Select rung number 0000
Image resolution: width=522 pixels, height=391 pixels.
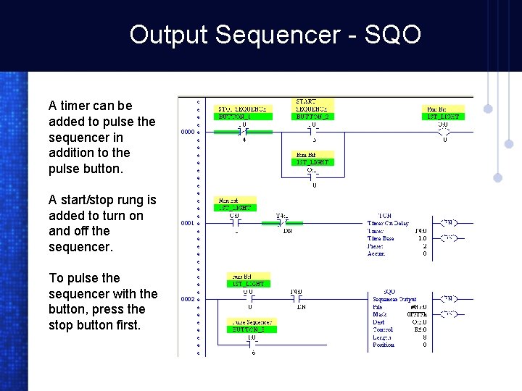[187, 133]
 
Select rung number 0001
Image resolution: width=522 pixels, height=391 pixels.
[187, 223]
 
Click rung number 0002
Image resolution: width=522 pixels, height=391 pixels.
[187, 298]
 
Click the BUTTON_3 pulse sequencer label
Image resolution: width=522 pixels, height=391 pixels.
[250, 329]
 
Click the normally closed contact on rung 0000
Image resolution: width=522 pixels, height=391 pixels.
[243, 133]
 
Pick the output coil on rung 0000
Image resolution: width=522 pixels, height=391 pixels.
[444, 133]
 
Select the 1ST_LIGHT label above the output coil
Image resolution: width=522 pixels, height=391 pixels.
[443, 117]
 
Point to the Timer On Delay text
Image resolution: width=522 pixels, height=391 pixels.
[387, 223]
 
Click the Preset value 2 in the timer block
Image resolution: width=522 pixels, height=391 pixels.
[424, 246]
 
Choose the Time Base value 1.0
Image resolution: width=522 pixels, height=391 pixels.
[422, 238]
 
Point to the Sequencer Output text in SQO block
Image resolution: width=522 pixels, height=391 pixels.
[394, 299]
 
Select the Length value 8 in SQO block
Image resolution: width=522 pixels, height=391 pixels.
[424, 337]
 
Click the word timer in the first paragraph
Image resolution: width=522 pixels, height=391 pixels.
[74, 106]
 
